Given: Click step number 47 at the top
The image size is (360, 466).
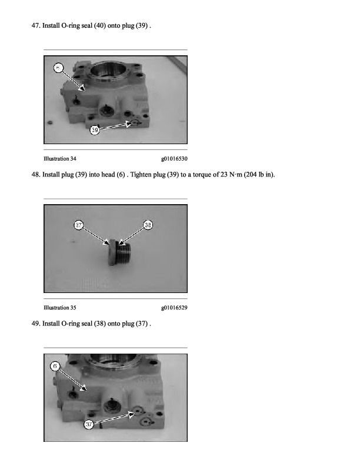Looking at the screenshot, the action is [x=36, y=25].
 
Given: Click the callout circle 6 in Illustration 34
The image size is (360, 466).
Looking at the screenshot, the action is [x=58, y=68].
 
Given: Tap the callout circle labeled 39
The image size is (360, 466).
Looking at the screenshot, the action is [x=95, y=130].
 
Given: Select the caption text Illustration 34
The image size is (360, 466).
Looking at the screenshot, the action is [x=59, y=159].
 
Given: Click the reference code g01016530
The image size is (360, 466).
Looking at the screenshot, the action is [x=174, y=159].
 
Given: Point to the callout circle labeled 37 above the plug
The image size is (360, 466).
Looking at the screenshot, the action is [x=78, y=225].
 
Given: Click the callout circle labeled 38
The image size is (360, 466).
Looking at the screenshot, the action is [x=148, y=225].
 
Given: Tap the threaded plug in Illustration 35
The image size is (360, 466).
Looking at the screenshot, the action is [x=119, y=252].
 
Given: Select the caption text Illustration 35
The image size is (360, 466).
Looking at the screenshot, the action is [x=59, y=308].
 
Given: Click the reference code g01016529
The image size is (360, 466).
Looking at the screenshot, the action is [x=174, y=308].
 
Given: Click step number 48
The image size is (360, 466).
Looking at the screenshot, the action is [x=36, y=174].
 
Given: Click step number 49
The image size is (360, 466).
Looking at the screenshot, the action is [x=36, y=324].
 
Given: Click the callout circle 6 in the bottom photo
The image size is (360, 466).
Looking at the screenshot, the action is [x=55, y=366].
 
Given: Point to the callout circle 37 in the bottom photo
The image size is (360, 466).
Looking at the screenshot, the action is [x=89, y=424].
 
